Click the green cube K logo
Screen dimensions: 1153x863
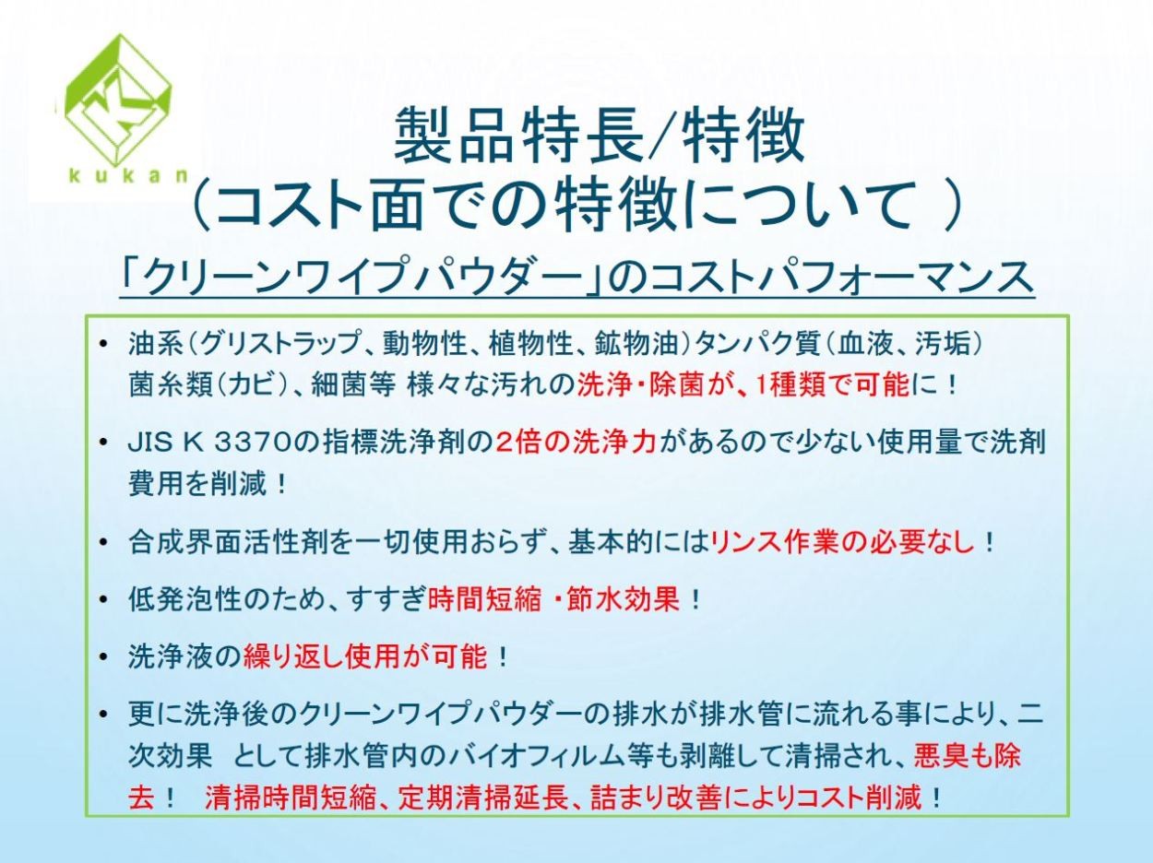(118, 100)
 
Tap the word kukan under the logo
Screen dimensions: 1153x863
(128, 175)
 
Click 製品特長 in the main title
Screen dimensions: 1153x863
(518, 135)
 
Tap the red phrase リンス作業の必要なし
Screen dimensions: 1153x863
(844, 543)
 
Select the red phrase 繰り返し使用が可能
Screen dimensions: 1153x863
(365, 656)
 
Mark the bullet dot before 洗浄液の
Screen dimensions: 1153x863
(103, 657)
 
